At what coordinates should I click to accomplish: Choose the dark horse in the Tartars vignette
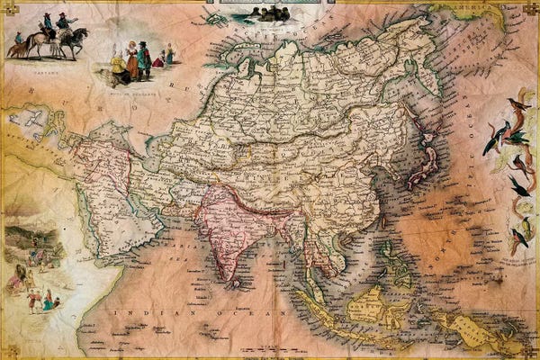click(72, 40)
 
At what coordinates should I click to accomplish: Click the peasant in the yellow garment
click(118, 68)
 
